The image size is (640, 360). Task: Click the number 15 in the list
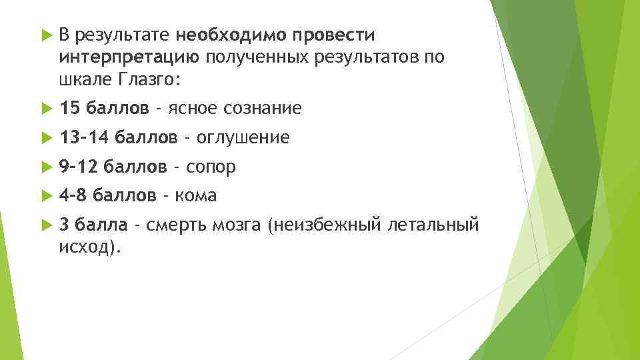coord(69,108)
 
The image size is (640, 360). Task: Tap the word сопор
coord(211,166)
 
